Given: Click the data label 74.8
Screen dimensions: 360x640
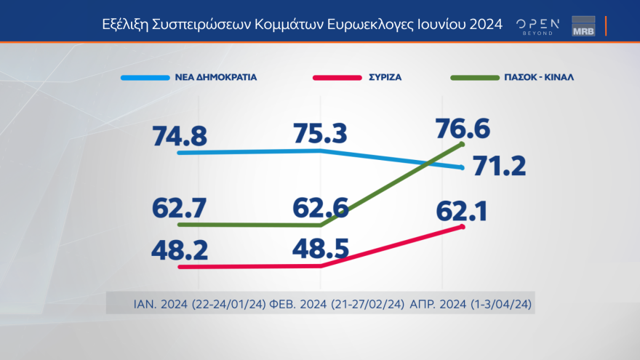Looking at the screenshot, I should point(180,136).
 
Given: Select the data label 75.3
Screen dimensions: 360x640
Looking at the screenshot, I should point(321,134).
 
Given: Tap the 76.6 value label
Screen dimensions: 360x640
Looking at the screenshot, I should point(463,128).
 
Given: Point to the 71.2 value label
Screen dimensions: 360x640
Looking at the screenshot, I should point(499,167).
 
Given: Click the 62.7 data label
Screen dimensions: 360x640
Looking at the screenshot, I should point(180,207).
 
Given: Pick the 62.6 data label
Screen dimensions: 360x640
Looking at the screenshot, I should point(321,207).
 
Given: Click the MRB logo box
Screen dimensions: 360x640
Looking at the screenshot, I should point(583,25).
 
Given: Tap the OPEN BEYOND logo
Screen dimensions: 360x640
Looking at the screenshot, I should point(537,25).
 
